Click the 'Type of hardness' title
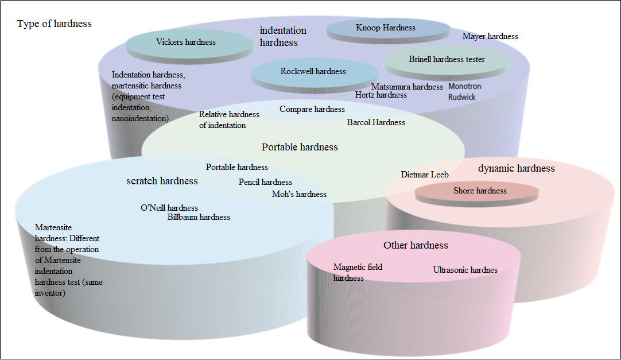[55, 24]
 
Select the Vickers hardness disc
[189, 46]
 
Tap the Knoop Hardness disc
[388, 30]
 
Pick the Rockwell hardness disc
[315, 76]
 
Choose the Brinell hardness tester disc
[447, 63]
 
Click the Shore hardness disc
[477, 194]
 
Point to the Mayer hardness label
[490, 36]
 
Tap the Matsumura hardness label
[407, 87]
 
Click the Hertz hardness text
[381, 95]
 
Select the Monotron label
[464, 86]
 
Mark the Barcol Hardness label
[376, 122]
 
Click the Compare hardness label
[312, 109]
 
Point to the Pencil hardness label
[265, 182]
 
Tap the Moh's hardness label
[299, 194]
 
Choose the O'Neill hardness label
[169, 208]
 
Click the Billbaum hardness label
[199, 217]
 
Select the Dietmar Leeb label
[425, 175]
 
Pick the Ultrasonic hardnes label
[465, 270]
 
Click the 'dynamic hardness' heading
[516, 168]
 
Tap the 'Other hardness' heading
[416, 246]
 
